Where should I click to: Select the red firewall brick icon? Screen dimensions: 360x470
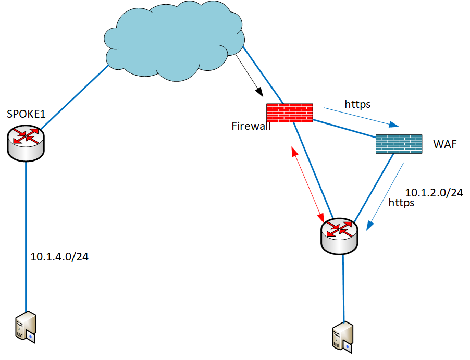click(290, 113)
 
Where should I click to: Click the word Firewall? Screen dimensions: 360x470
click(251, 126)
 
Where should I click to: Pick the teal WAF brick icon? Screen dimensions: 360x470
click(399, 144)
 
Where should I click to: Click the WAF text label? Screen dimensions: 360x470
click(444, 144)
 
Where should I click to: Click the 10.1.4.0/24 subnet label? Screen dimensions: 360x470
click(59, 256)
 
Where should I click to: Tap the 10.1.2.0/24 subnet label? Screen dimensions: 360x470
click(434, 192)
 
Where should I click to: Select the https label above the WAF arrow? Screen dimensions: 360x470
click(357, 104)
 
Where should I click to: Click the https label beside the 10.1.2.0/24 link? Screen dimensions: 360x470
click(401, 203)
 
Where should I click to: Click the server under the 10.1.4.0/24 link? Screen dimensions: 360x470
click(25, 327)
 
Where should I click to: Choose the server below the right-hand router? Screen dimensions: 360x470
click(343, 336)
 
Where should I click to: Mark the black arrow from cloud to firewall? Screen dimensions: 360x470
click(250, 75)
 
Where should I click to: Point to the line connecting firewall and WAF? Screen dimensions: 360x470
click(344, 128)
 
